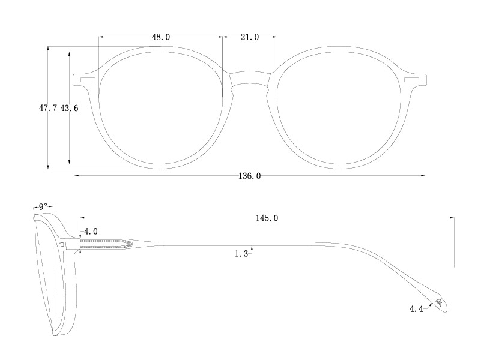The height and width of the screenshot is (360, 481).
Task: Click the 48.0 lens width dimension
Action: pos(160,37)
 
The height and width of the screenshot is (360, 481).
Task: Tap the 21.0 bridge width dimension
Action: pos(249,37)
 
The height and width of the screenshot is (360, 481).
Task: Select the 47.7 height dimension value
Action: pos(48,108)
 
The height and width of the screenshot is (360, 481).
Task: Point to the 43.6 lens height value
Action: pos(69,108)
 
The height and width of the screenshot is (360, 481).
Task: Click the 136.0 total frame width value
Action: pos(250,176)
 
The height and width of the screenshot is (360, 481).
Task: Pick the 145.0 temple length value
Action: pos(267,218)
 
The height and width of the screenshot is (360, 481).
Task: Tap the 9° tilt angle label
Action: pos(43,207)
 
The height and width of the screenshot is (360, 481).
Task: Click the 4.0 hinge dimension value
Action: pos(91,231)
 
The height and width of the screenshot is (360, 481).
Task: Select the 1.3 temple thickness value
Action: pos(241,254)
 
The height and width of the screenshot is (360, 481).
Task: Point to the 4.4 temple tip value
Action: pos(417,309)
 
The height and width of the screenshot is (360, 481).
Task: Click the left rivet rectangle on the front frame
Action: pos(88,79)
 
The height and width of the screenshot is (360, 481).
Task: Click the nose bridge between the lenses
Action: pos(250,81)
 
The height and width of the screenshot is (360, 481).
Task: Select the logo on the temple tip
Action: pos(440,302)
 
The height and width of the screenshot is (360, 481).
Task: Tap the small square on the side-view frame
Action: pos(61,245)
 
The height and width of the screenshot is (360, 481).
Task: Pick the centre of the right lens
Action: pos(339,108)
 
